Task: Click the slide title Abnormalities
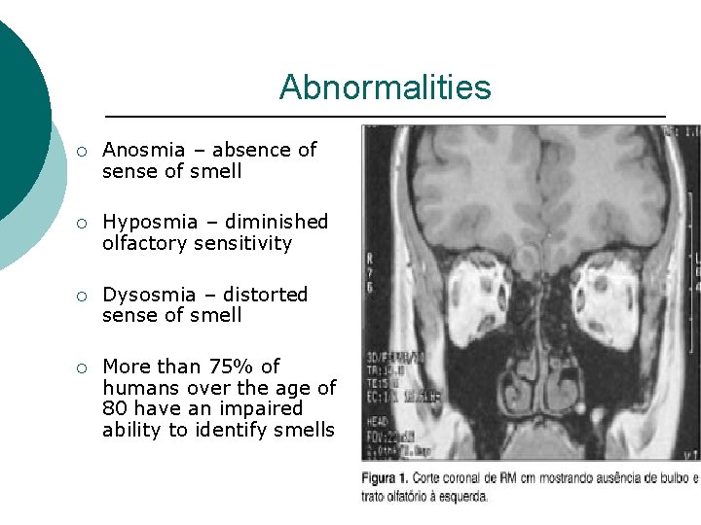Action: pyautogui.click(x=385, y=87)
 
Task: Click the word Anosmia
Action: pyautogui.click(x=143, y=150)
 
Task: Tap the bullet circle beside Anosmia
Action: pyautogui.click(x=84, y=151)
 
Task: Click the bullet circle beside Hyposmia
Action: pyautogui.click(x=84, y=223)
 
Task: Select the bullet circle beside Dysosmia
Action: pyautogui.click(x=84, y=296)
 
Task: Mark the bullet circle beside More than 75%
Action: pyautogui.click(x=84, y=367)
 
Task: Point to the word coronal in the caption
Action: pyautogui.click(x=472, y=478)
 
